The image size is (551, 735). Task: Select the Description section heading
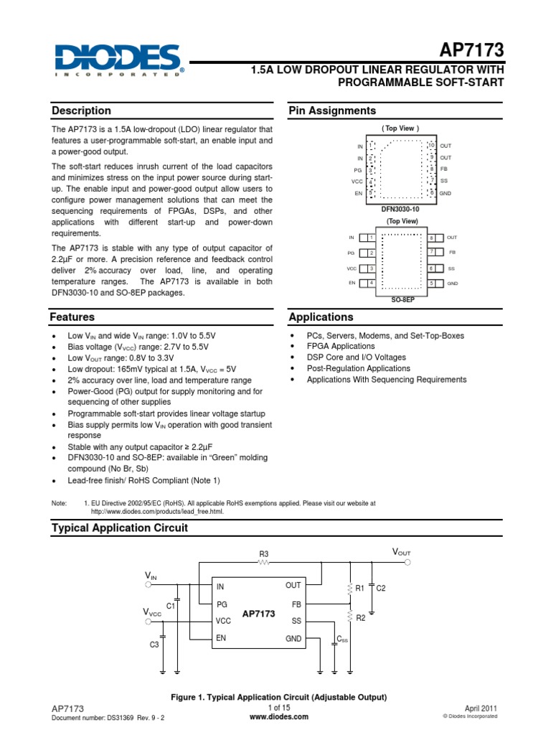tap(81, 111)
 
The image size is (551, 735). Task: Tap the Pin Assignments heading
tap(331, 111)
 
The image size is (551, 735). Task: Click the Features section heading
tap(72, 317)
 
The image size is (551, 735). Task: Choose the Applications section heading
tap(321, 317)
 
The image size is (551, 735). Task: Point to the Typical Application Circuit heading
tap(120, 528)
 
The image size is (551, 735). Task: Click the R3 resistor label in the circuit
tap(263, 553)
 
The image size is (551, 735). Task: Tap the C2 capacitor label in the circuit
tap(381, 588)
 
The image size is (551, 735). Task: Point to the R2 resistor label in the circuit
tap(361, 617)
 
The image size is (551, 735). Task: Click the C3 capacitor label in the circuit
tap(154, 645)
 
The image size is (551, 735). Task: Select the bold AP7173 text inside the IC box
tap(258, 614)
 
